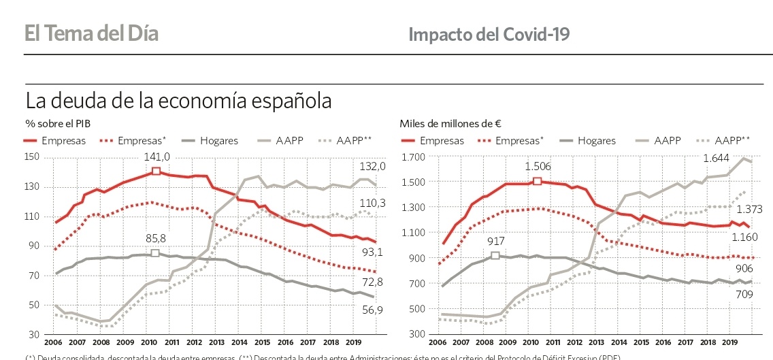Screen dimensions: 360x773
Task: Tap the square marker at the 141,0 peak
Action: (156, 171)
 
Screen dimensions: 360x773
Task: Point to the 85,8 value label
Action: (155, 239)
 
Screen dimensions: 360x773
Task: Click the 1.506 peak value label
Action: (538, 166)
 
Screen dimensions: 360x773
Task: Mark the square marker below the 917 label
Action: (495, 255)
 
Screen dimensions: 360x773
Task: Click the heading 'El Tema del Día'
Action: (92, 33)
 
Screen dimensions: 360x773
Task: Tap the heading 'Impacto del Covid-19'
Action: (489, 34)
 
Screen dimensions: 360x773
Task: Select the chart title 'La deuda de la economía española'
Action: (178, 101)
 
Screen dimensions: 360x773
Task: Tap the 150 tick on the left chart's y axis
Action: (33, 157)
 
